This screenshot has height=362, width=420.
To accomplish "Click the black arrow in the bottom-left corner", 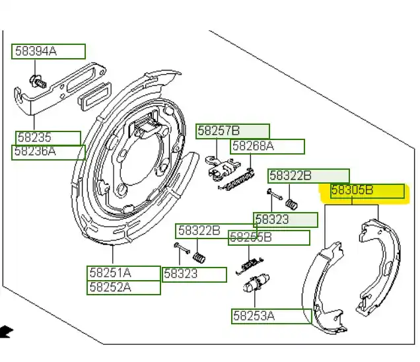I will coord(5,330).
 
